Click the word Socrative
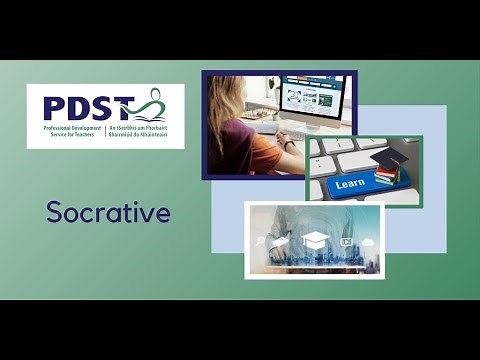pos(108,213)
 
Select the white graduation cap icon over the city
pos(315,240)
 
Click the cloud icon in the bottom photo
pos(368,241)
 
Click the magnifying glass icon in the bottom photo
pos(260,241)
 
